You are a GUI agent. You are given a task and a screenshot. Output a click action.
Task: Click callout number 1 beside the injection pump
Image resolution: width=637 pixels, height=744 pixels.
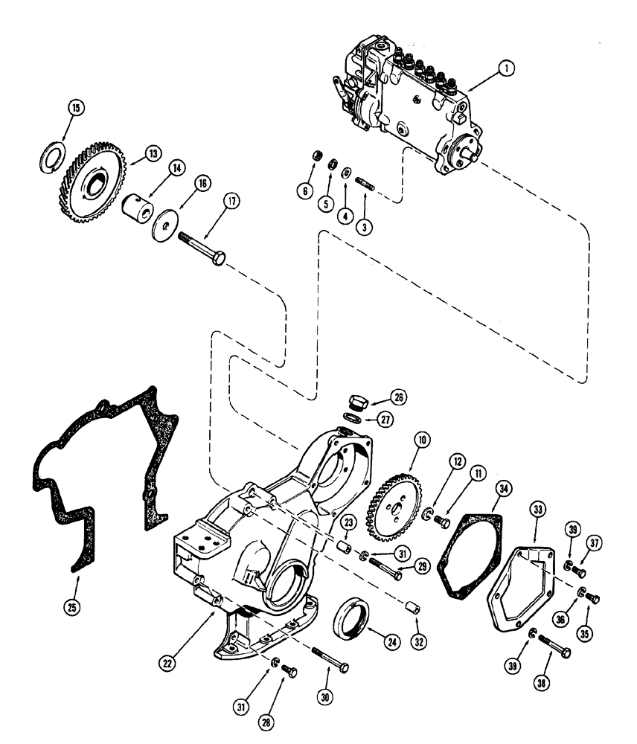pos(506,68)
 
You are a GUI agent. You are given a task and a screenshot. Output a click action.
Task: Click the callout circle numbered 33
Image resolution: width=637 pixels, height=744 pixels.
pos(537,510)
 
